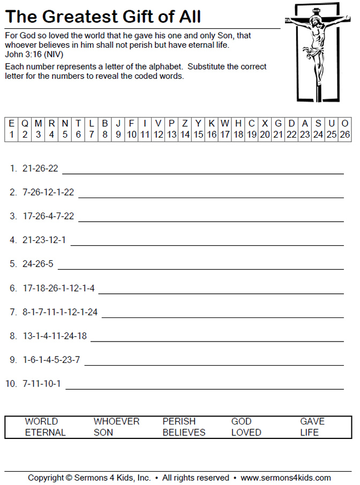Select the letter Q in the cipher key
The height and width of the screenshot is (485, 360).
pos(25,123)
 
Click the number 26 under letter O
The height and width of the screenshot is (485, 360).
pos(344,134)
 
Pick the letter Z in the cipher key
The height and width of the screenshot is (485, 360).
pos(185,123)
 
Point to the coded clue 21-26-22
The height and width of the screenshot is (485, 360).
pos(40,169)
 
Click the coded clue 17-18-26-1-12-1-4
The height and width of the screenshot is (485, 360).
pos(58,289)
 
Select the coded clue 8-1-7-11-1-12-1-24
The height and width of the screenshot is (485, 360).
pos(60,312)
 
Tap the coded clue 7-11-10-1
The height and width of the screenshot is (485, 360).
pos(42,384)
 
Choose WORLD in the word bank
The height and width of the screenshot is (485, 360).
pos(41,421)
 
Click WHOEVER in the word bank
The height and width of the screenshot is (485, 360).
pos(116,421)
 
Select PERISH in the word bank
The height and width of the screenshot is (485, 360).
pos(179,421)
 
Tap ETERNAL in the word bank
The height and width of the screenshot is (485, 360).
pos(45,433)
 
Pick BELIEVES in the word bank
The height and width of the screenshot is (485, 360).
pos(184,433)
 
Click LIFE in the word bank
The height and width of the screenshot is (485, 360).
pos(309,433)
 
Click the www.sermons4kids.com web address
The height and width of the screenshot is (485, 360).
pos(286,478)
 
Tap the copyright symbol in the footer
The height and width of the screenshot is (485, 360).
pos(70,478)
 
